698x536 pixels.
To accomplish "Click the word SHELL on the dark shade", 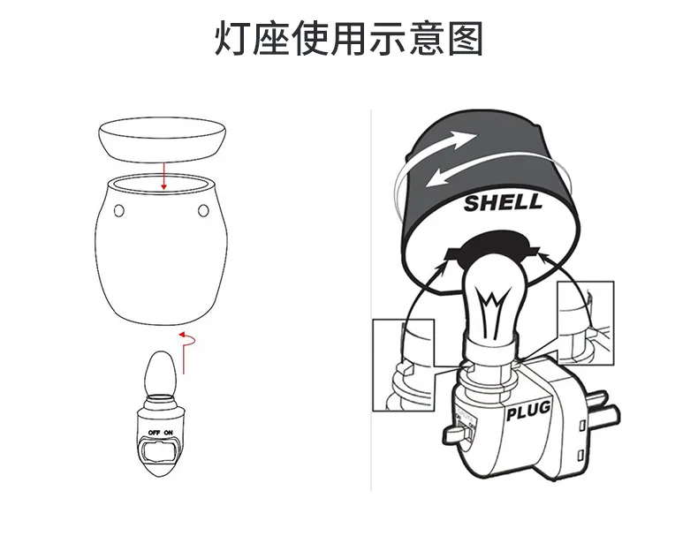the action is coord(503,203).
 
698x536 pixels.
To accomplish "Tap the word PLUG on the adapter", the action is coord(528,410).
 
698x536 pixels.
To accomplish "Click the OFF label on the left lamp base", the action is coord(154,433).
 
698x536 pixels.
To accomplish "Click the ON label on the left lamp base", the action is coord(168,433).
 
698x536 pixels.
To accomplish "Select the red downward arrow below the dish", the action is coord(163,176).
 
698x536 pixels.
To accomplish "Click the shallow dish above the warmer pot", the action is coord(162,140).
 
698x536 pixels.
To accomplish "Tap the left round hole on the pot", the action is coord(119,210).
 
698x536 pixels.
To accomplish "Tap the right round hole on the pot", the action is coord(203,210).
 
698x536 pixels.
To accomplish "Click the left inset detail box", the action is coord(403,365).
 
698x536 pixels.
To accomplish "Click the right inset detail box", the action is coord(586,323).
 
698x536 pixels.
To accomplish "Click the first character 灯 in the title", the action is coord(233,39).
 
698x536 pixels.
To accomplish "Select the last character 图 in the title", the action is coord(465,39).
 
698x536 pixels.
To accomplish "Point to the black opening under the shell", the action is coord(493,248).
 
